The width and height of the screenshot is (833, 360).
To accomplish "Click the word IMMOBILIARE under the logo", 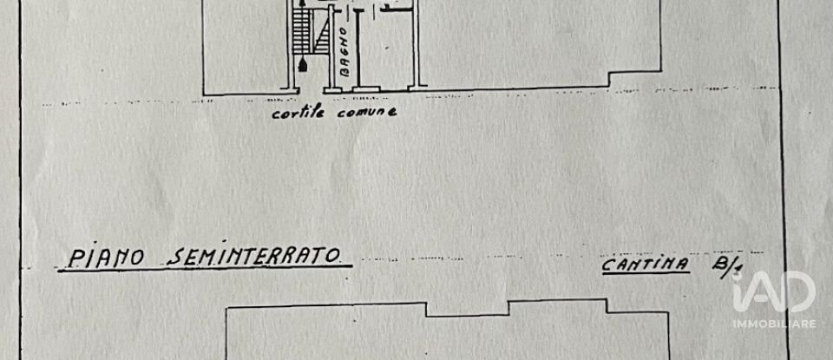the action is coord(773,323).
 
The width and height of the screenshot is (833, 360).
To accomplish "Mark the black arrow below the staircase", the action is coord(301,64).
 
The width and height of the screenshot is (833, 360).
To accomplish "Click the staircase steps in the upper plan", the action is coord(301,31).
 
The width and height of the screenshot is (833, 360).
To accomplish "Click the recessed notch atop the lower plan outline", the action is coord(467,309).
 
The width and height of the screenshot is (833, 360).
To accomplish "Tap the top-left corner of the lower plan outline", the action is coord(226,309).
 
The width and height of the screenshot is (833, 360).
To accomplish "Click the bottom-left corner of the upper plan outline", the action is coord(203,92).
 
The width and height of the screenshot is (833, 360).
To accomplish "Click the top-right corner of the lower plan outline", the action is coord(667,313).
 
